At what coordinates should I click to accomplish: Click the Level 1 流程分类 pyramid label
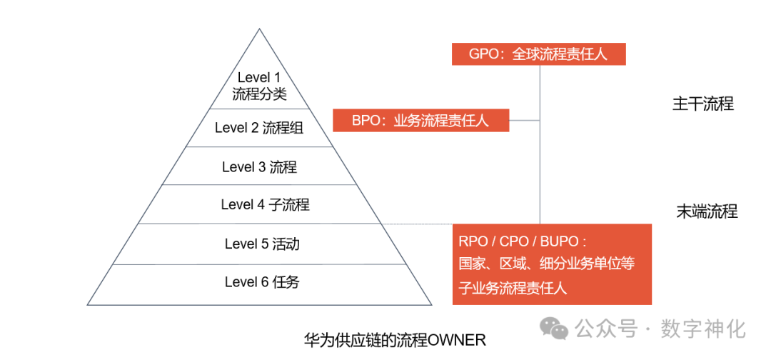point(259,85)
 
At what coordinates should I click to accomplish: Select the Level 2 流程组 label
point(259,128)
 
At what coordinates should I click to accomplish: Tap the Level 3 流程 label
point(259,167)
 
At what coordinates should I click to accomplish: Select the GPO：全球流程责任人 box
point(538,54)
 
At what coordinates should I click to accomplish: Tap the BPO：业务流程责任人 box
point(420,120)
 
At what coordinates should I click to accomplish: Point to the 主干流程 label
point(702,104)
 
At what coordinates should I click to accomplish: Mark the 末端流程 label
point(707,211)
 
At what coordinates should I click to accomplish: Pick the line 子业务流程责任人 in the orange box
point(512,288)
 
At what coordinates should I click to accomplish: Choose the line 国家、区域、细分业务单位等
point(546,264)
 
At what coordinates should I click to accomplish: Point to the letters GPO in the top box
point(483,54)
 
